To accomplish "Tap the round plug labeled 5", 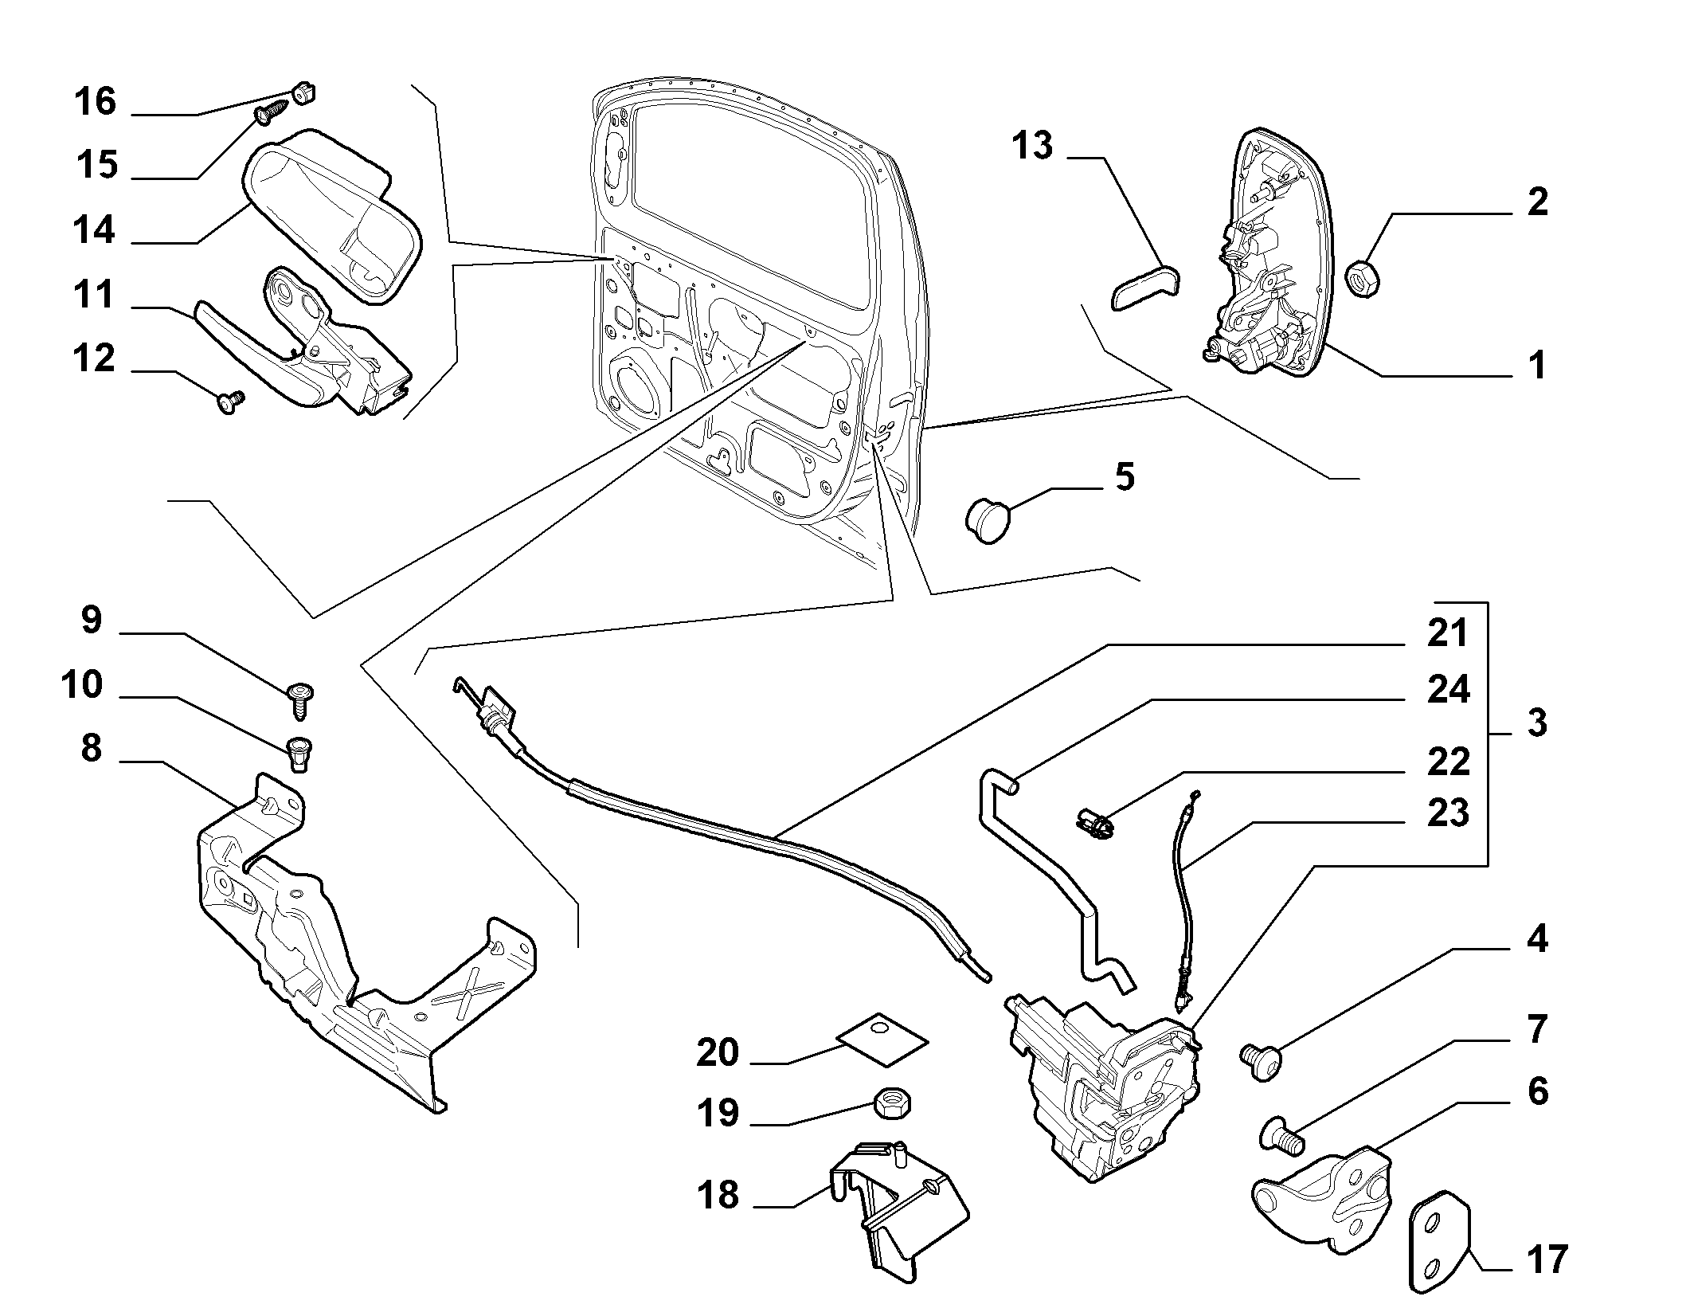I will point(987,521).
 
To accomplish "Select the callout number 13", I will point(1033,147).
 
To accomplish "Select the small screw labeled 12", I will point(231,403).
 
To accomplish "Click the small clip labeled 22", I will point(1093,822).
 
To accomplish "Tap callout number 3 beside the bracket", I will point(1536,723).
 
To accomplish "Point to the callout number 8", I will point(92,750).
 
